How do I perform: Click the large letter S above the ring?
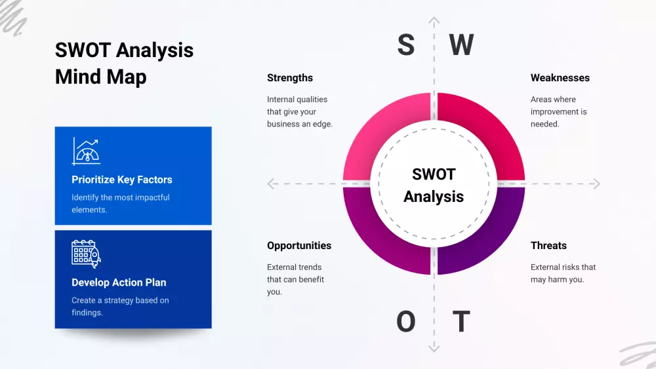406,45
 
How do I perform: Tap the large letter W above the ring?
461,45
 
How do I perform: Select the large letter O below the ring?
406,321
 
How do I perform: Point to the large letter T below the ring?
461,321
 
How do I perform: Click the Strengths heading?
290,78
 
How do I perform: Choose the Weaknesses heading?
560,78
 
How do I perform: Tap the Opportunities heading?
299,246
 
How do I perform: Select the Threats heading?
548,246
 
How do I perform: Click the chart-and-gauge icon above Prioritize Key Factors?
86,151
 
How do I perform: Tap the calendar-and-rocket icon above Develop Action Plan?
86,254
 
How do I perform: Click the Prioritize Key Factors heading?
122,180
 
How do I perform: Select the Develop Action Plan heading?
119,282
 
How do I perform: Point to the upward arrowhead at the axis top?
434,20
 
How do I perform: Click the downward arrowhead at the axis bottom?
434,347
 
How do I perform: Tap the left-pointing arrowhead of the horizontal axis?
271,184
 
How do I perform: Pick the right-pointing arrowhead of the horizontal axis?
596,184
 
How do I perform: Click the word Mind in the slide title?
78,77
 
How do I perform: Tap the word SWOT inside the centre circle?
434,174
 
